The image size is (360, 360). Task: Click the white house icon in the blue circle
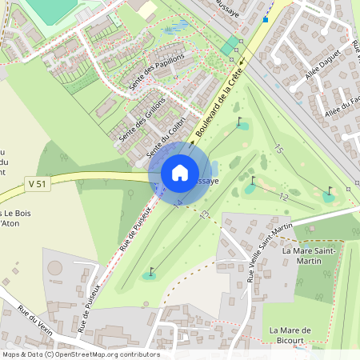pyautogui.click(x=180, y=172)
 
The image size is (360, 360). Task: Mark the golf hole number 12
pyautogui.click(x=283, y=197)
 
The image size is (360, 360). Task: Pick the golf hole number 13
pyautogui.click(x=205, y=214)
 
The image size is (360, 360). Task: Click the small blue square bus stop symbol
pyautogui.click(x=266, y=18)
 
